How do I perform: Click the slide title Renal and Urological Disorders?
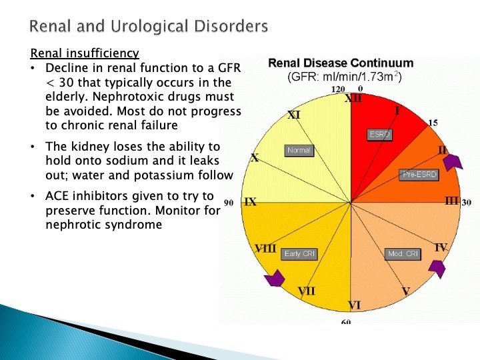point(149,27)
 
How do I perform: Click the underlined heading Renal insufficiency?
point(85,53)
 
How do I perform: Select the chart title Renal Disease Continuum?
point(340,63)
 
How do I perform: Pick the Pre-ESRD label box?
point(418,175)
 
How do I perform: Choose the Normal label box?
point(299,150)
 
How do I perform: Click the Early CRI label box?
point(300,254)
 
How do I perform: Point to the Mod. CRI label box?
point(403,254)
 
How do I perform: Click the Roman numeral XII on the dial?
point(353,99)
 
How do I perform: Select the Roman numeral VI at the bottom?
point(354,305)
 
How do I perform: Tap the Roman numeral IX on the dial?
point(250,201)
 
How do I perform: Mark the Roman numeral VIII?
point(266,248)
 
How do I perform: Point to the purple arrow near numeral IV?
point(437,268)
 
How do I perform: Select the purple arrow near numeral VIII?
point(274,279)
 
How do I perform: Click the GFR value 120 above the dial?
point(338,89)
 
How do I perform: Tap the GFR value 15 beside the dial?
point(433,123)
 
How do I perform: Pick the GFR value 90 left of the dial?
point(229,202)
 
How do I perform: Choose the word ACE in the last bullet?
point(58,196)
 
